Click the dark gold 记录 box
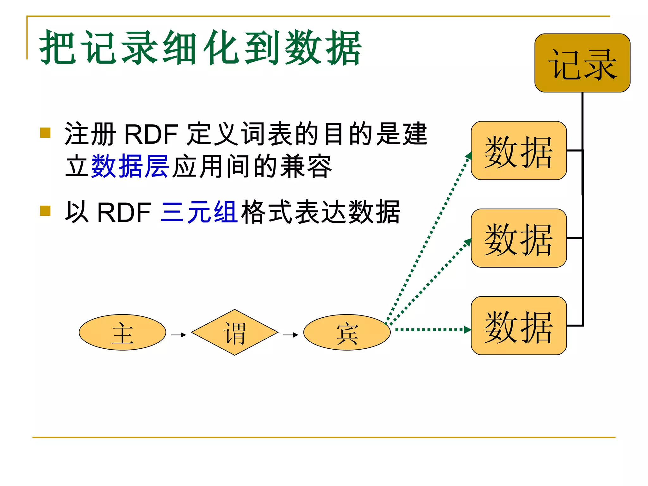[x=582, y=63]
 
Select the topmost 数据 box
[x=519, y=151]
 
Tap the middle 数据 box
[x=519, y=238]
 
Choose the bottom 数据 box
[x=519, y=326]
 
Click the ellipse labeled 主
[x=122, y=332]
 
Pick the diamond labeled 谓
[x=234, y=332]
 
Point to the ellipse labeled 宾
[x=347, y=332]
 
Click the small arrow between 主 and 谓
[x=178, y=335]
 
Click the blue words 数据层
[x=130, y=166]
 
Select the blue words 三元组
[x=199, y=212]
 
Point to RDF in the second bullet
[x=124, y=212]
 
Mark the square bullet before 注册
[x=46, y=133]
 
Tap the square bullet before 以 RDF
[x=46, y=211]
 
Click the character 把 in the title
[x=58, y=47]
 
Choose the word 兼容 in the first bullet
[x=306, y=166]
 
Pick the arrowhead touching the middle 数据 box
[x=468, y=242]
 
